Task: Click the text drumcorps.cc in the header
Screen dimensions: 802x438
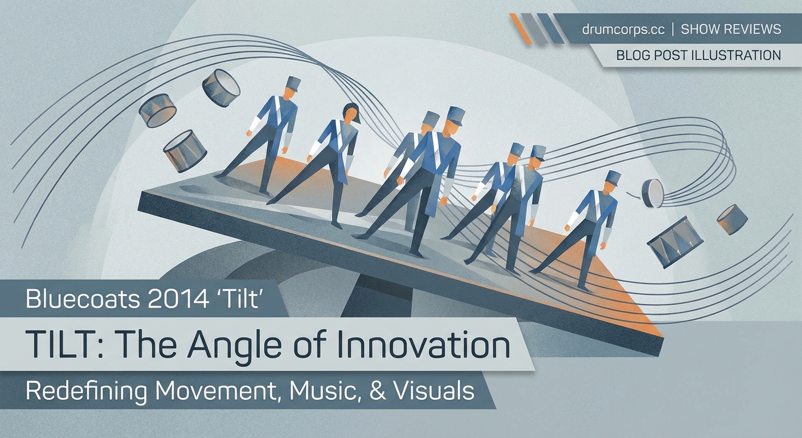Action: [x=623, y=29]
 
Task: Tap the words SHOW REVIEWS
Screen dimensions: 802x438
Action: [x=731, y=29]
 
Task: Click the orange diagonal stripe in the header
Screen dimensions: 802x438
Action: [x=521, y=29]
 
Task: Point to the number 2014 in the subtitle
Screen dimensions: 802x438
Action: [x=178, y=299]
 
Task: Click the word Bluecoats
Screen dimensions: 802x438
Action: [x=83, y=299]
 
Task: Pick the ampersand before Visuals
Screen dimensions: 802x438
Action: [x=377, y=391]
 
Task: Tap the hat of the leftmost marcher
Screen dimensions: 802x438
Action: [x=293, y=83]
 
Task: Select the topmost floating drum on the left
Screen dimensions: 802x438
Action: [x=221, y=88]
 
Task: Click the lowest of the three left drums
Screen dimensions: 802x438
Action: [x=185, y=151]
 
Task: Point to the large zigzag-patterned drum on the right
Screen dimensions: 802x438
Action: [x=674, y=242]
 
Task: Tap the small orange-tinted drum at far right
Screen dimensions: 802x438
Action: [x=732, y=219]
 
